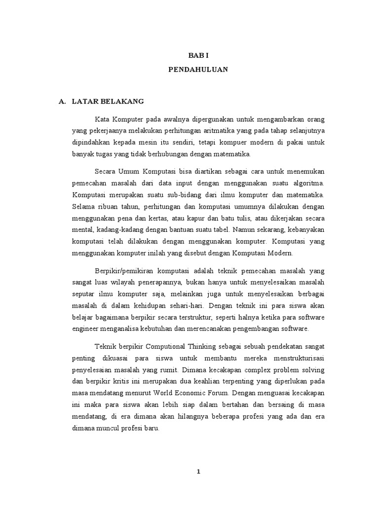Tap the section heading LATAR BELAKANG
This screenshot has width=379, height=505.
[x=108, y=102]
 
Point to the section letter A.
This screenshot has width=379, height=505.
[x=62, y=102]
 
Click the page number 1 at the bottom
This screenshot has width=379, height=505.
[x=198, y=472]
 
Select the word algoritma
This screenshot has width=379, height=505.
[x=310, y=182]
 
